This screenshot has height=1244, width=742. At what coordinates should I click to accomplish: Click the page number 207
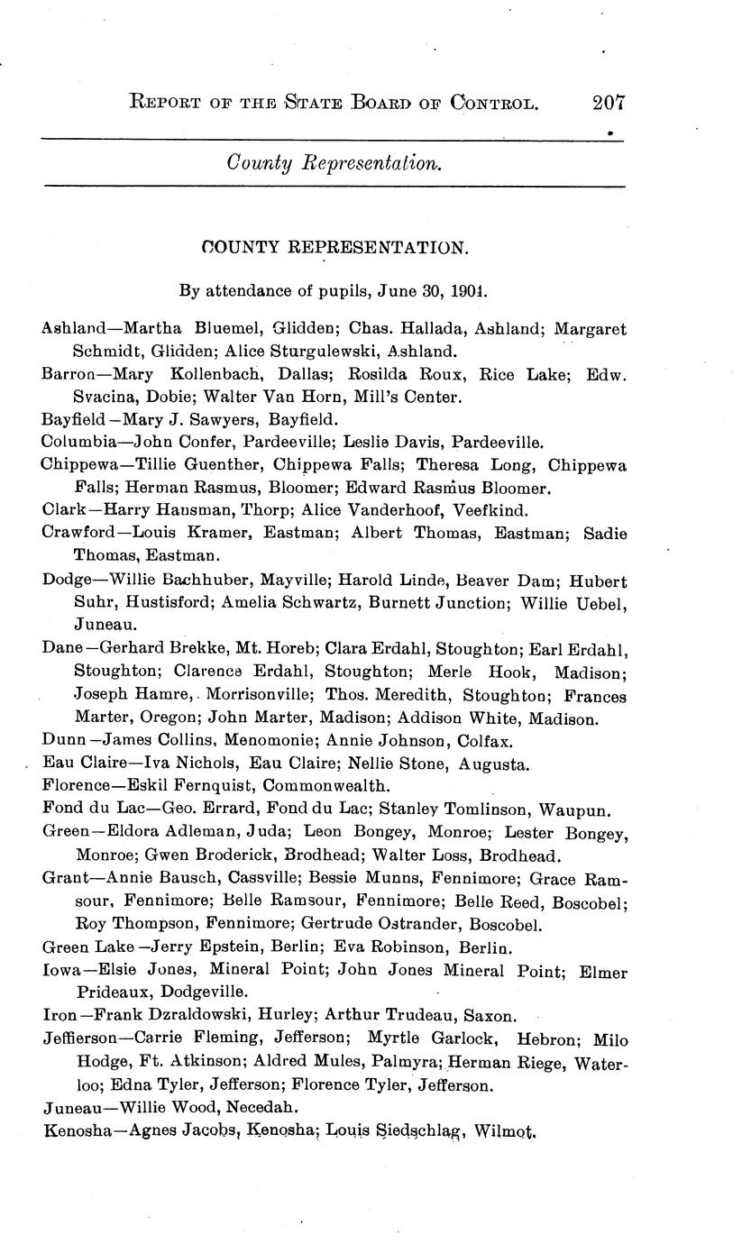pyautogui.click(x=609, y=102)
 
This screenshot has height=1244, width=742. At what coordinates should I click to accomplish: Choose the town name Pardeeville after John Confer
pyautogui.click(x=236, y=441)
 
